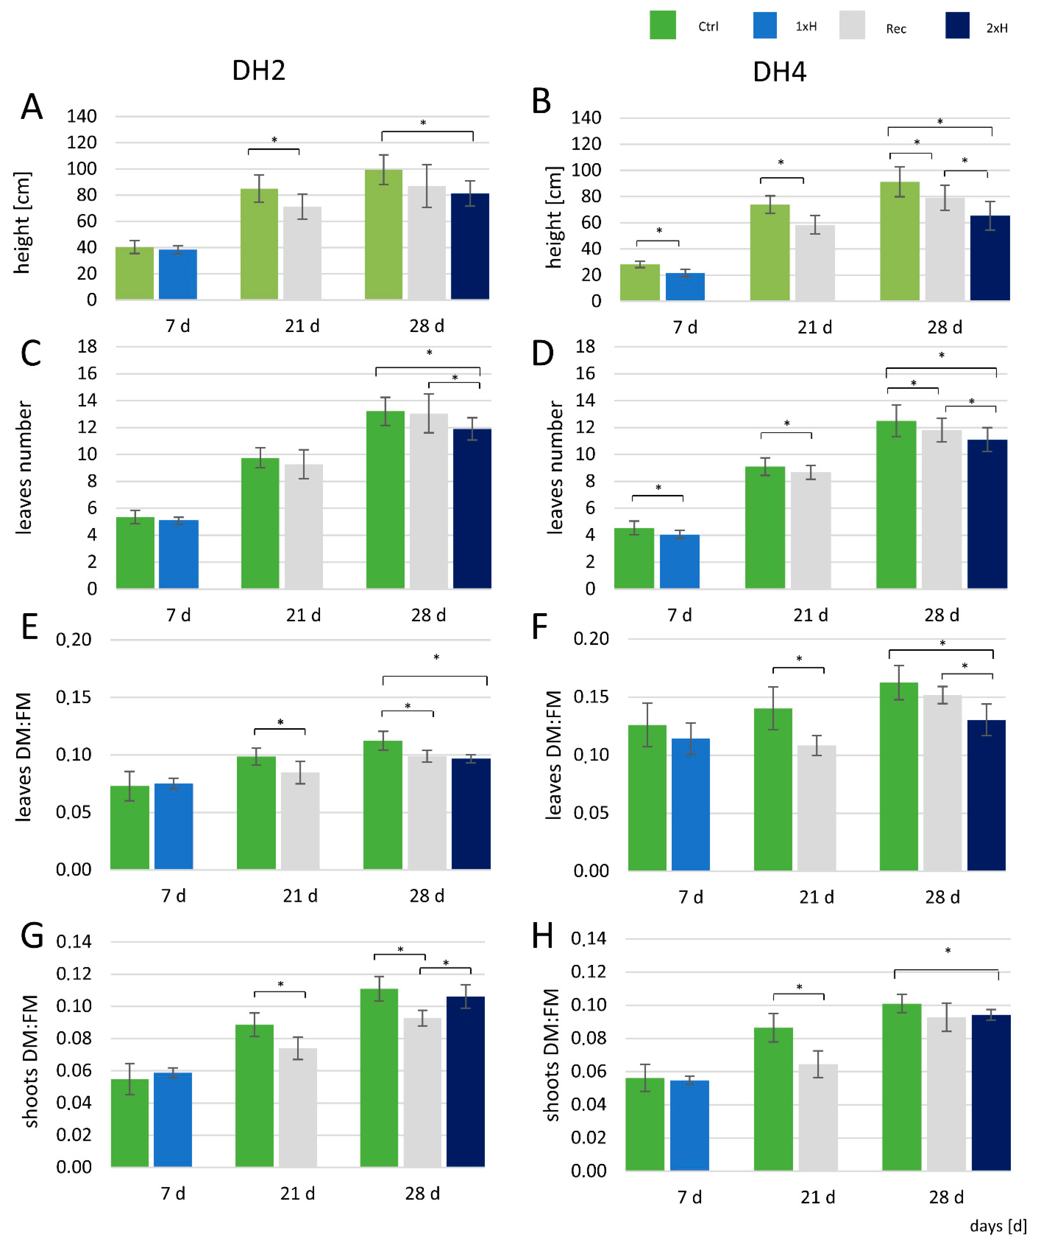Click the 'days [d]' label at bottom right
coord(998,1226)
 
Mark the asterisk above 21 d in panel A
coord(274,140)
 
